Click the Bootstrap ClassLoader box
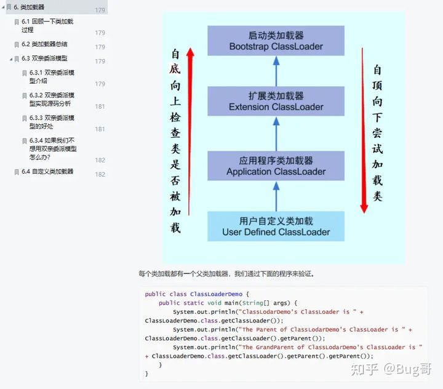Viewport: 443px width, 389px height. pyautogui.click(x=275, y=41)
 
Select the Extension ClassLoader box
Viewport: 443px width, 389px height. pyautogui.click(x=275, y=102)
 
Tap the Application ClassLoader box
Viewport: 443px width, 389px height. pyautogui.click(x=275, y=166)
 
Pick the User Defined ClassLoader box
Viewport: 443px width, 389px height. pyautogui.click(x=275, y=227)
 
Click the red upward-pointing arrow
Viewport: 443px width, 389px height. pyautogui.click(x=190, y=129)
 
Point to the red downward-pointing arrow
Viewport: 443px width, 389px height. pyautogui.click(x=364, y=129)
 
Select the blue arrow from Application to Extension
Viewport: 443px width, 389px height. pyautogui.click(x=276, y=134)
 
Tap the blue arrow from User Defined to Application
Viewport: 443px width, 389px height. pyautogui.click(x=276, y=196)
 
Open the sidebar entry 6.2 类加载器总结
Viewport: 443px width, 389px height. pyautogui.click(x=49, y=44)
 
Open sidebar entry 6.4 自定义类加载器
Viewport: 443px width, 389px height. pyautogui.click(x=52, y=172)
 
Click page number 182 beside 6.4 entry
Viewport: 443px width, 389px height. pyautogui.click(x=100, y=175)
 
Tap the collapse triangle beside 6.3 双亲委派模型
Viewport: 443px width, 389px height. pyautogui.click(x=11, y=59)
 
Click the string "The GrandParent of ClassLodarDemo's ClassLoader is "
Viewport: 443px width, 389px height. pyautogui.click(x=332, y=347)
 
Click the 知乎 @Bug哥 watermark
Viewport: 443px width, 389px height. pyautogui.click(x=391, y=369)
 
